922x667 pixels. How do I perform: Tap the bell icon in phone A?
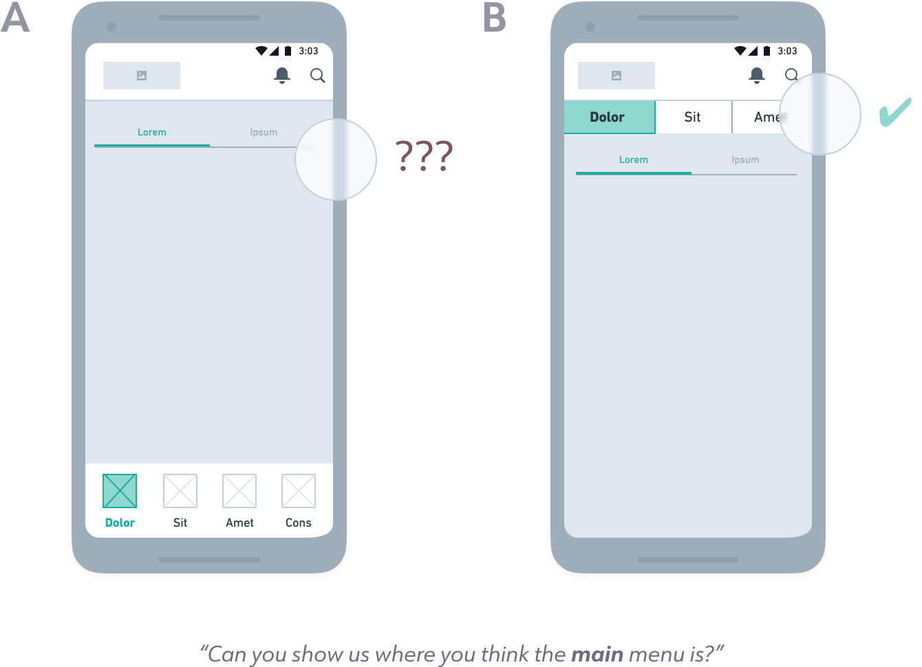pos(282,75)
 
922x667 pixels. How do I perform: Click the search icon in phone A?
pos(317,76)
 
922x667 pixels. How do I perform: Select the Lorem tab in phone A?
pos(152,132)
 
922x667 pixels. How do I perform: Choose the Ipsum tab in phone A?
pos(264,132)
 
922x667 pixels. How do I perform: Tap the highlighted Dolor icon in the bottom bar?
pos(120,491)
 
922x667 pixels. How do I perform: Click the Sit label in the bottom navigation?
pos(180,523)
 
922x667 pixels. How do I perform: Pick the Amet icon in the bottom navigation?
pos(239,491)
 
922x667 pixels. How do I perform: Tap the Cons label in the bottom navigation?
pos(299,523)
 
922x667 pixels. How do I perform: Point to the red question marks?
pos(424,156)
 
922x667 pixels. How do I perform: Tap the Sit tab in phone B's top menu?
pos(693,117)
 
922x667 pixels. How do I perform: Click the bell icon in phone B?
pos(757,75)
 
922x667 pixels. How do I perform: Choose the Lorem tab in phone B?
pos(634,160)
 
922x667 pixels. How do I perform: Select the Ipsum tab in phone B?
pos(745,160)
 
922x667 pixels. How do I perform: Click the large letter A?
pos(15,18)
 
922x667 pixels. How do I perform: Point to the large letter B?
pos(495,18)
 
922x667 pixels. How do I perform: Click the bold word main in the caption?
pos(597,654)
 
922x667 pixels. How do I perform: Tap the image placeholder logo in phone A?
pos(142,76)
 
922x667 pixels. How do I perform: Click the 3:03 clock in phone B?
pos(787,51)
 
